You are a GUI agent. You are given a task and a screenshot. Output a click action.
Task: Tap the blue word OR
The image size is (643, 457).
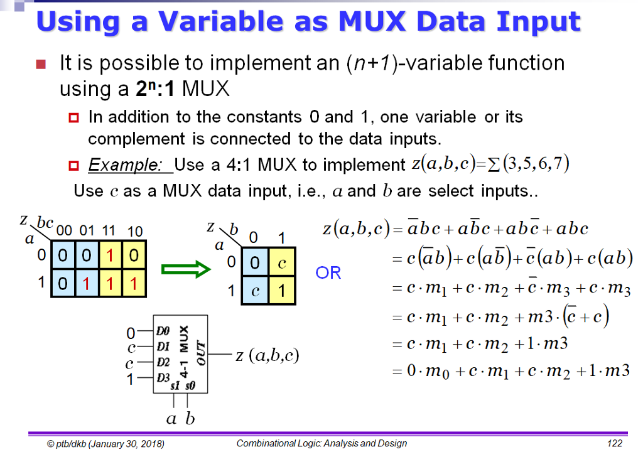(328, 273)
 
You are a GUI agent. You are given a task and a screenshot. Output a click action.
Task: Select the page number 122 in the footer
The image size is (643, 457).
(613, 444)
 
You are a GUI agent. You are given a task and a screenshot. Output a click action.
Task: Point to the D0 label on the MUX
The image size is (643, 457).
(163, 329)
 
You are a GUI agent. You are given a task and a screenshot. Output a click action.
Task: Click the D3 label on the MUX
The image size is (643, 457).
(163, 378)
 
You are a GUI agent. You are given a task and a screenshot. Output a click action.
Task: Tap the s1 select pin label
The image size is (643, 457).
(175, 386)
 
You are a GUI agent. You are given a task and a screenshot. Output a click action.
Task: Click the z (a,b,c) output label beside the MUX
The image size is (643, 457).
(267, 356)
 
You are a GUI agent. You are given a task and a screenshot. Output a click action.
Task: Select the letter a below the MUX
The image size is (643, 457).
(171, 418)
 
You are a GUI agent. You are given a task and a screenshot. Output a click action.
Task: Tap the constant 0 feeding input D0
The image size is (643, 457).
(131, 331)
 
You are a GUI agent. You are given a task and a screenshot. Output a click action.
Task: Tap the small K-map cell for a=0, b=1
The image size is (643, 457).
(281, 264)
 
